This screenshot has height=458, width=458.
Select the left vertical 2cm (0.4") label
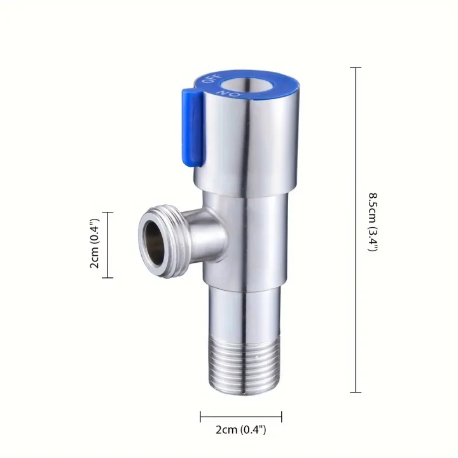pyautogui.click(x=94, y=245)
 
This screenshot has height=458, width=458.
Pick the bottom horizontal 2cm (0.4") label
pyautogui.click(x=241, y=430)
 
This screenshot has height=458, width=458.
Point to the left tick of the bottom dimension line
pyautogui.click(x=201, y=417)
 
